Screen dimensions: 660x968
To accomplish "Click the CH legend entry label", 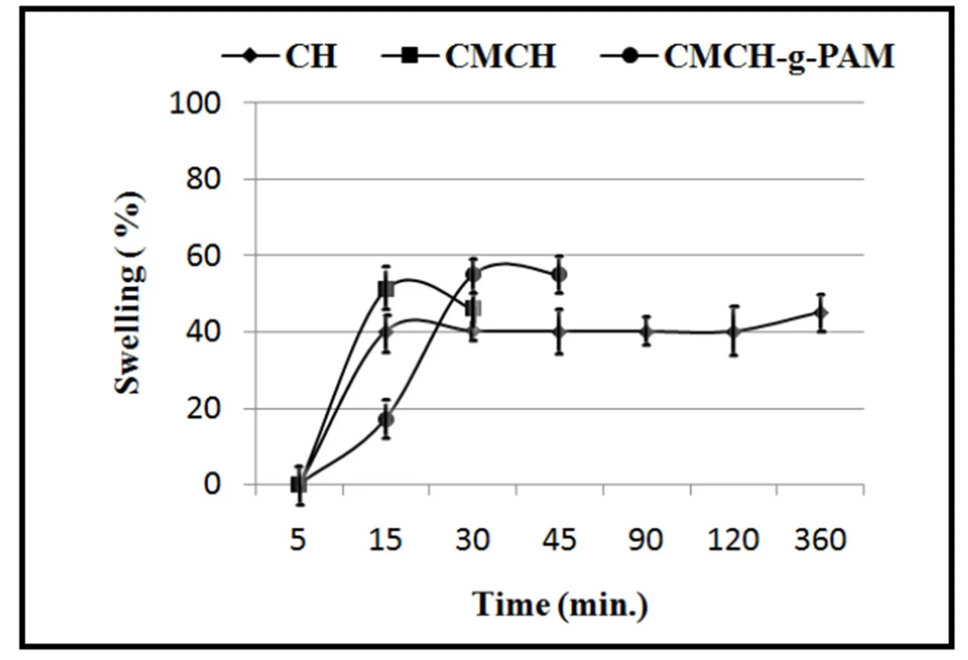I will point(311,56).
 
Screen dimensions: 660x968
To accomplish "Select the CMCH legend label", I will point(500,56).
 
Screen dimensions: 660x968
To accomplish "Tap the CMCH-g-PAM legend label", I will point(779,57).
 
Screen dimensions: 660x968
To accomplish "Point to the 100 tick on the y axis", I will point(195,103).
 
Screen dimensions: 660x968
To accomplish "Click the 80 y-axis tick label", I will point(203,179).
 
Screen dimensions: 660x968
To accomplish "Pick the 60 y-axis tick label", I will point(203,256).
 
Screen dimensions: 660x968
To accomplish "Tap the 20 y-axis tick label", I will point(203,409).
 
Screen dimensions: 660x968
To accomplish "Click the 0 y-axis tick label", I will point(212,484).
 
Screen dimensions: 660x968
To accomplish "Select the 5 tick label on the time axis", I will point(298,539).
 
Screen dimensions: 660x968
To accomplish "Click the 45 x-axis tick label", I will point(559,539).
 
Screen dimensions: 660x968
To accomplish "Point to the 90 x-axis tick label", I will point(646,539).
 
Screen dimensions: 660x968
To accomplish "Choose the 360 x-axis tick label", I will point(820,539).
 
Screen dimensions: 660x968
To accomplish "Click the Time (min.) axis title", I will point(560,604).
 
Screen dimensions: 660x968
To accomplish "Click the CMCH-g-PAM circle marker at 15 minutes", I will point(386,419).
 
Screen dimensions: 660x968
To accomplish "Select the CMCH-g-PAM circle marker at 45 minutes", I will point(559,275).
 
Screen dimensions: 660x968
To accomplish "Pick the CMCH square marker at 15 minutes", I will point(386,290).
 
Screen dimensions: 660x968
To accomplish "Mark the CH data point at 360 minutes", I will point(821,313).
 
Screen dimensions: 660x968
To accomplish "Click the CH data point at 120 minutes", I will point(734,332).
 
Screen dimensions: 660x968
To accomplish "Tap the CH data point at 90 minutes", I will point(646,332).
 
